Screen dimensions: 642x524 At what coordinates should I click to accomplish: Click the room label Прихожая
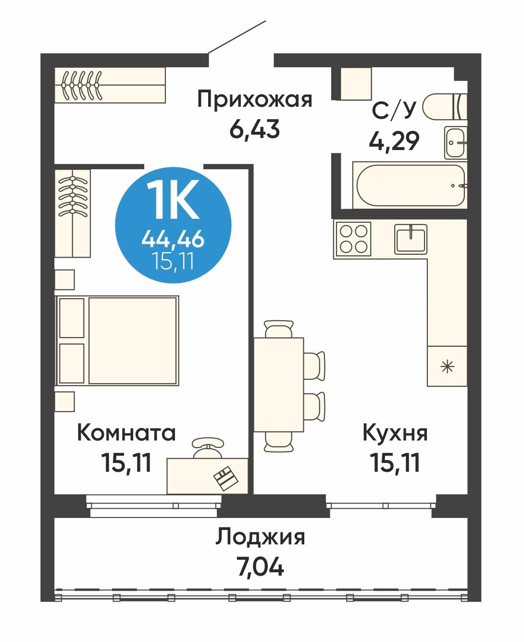(254, 100)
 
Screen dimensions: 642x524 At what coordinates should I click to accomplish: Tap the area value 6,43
(254, 129)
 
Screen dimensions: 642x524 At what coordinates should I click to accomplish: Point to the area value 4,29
(394, 141)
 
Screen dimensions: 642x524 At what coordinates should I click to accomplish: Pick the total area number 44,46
(173, 239)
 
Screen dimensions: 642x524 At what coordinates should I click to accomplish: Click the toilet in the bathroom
(445, 106)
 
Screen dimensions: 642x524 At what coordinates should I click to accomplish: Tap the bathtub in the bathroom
(410, 185)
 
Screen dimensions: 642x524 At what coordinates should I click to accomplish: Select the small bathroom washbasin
(455, 142)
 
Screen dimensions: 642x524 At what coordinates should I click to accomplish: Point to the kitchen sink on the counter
(411, 239)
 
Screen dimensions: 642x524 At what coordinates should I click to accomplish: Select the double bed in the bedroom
(118, 340)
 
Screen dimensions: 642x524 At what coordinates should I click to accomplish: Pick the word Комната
(126, 433)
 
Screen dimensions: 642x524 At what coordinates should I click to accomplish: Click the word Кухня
(395, 433)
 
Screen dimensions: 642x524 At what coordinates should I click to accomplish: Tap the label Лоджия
(260, 537)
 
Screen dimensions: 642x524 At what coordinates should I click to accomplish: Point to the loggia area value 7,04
(260, 567)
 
